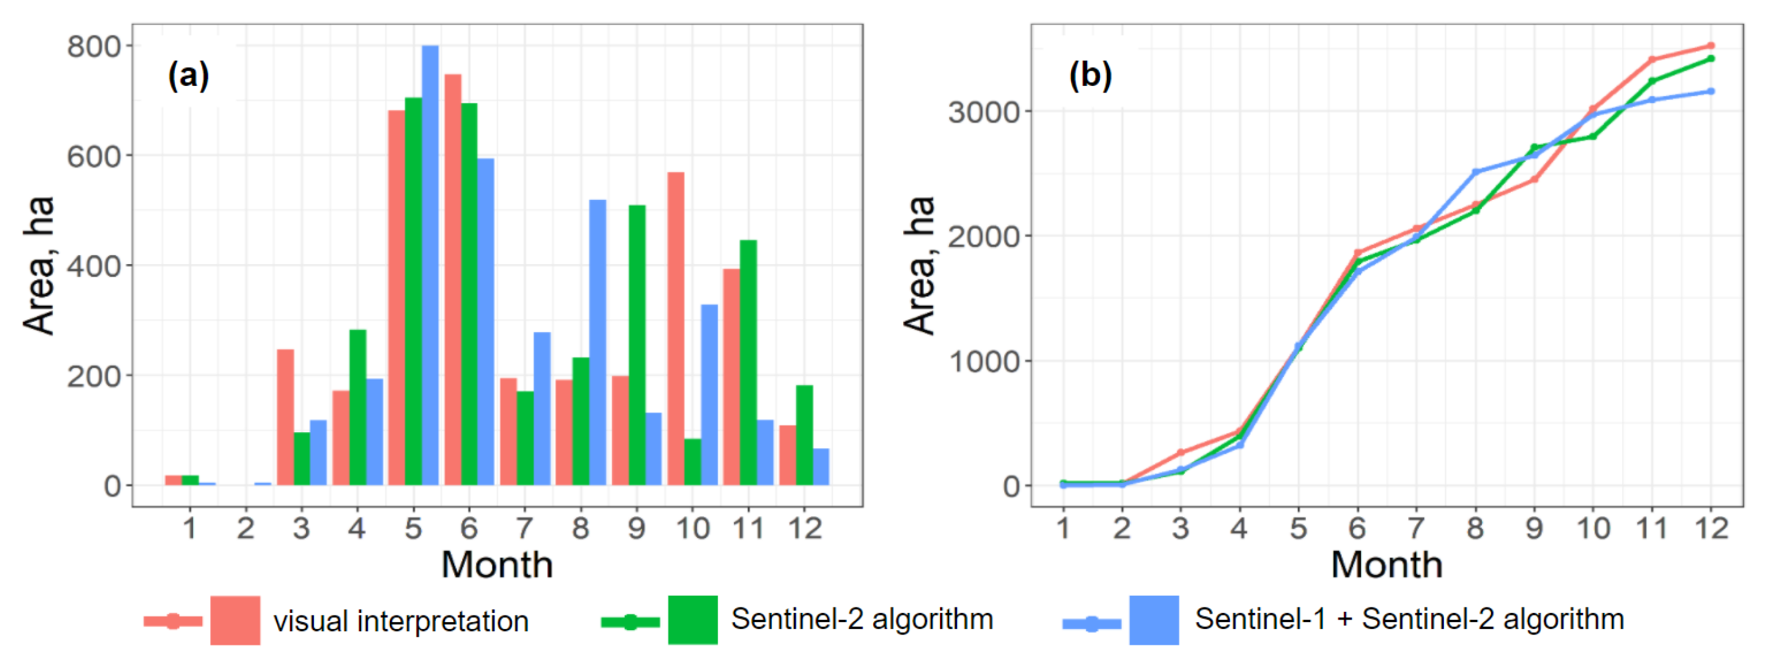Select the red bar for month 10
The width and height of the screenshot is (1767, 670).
676,329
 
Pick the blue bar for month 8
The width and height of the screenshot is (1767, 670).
597,342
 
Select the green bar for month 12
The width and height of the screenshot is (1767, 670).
804,435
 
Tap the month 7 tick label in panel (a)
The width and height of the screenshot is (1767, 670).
524,529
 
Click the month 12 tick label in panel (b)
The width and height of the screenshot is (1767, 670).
1711,529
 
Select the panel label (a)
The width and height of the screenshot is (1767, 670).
188,75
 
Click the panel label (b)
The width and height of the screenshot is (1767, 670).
1090,75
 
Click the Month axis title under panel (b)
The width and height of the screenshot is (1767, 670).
1386,565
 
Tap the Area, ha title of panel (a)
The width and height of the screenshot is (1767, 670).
39,265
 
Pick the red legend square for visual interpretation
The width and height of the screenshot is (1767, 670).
235,620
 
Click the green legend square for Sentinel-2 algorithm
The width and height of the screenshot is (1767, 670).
693,620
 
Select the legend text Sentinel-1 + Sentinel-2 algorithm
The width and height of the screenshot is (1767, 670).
1409,619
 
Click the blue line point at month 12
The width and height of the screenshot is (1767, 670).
1711,91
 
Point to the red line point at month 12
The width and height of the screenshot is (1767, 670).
1711,46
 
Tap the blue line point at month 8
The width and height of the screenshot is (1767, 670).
1476,172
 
